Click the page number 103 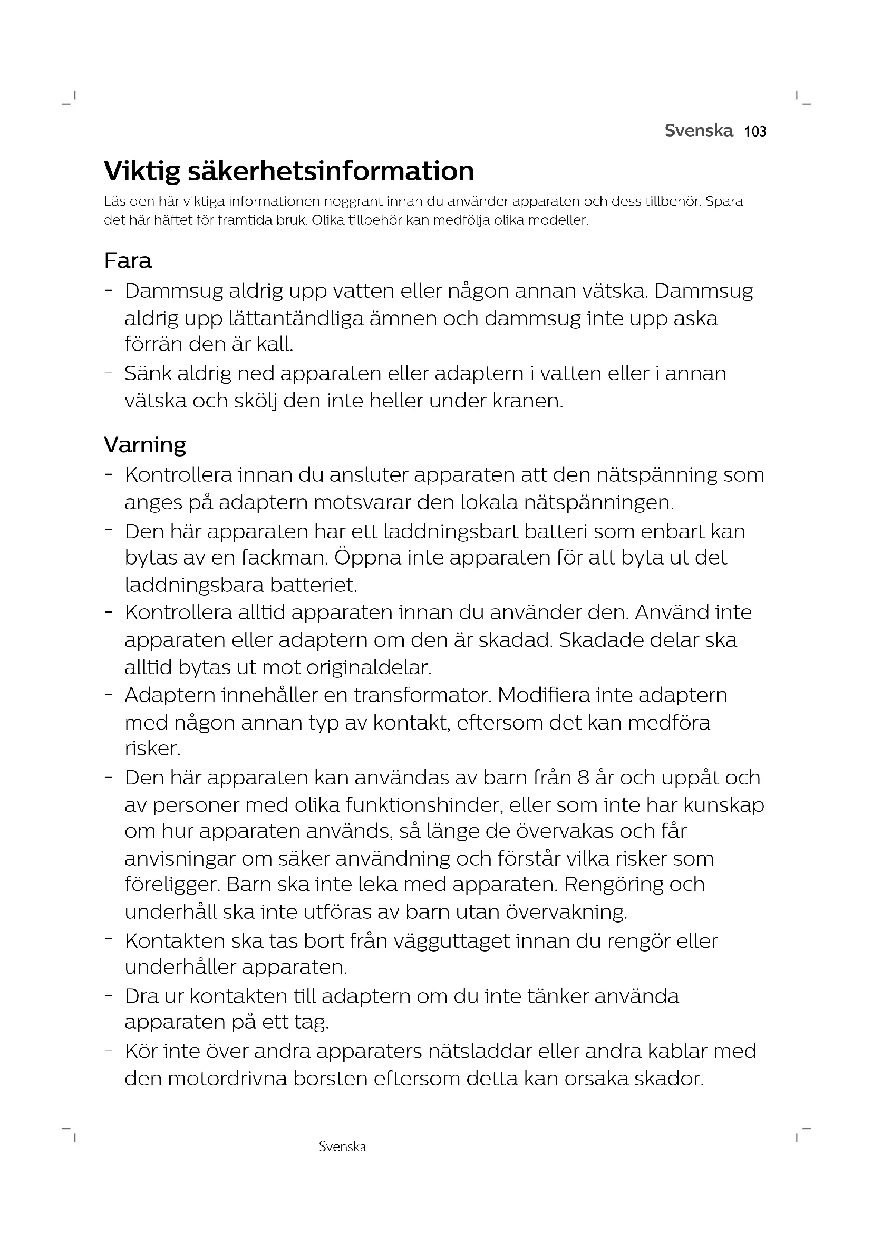tap(755, 131)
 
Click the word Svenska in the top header tap(699, 131)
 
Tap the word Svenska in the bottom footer tap(342, 1147)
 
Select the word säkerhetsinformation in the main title tap(330, 171)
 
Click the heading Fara tap(128, 261)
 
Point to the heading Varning tap(145, 445)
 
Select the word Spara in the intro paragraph tap(724, 201)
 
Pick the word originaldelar tap(369, 667)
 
